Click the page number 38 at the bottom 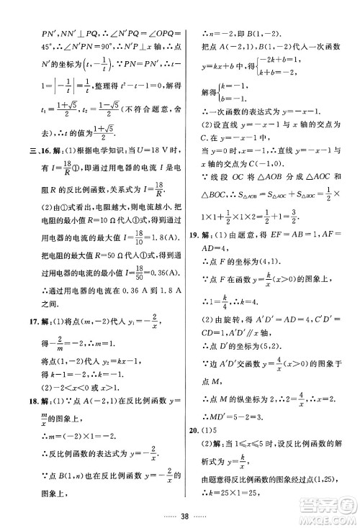(181, 515)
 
